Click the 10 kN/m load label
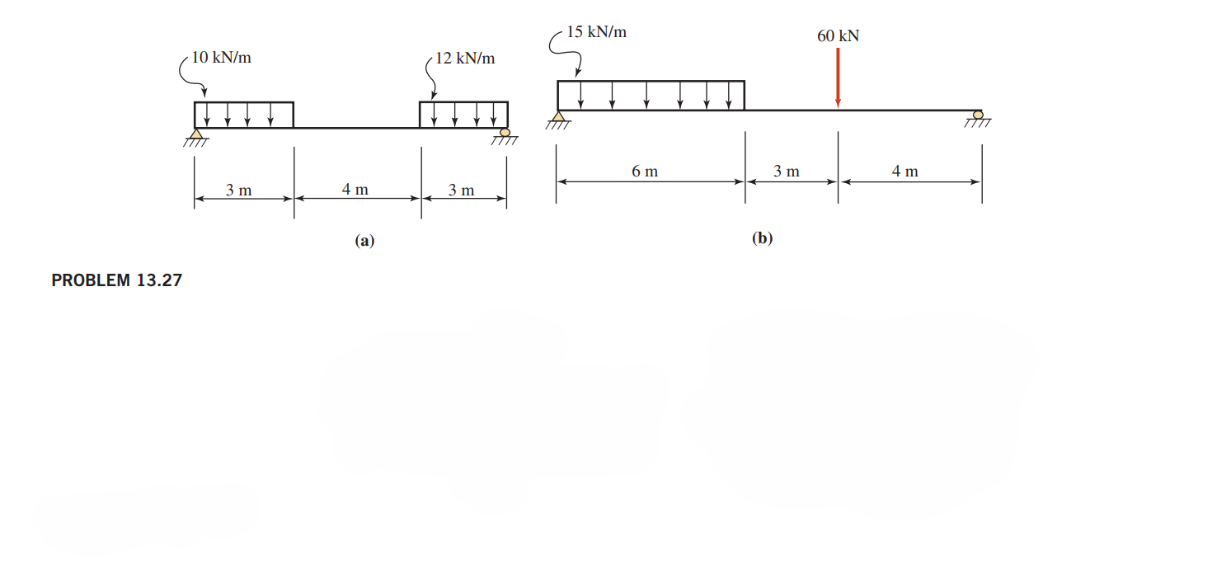[x=221, y=58]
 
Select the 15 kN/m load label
[x=596, y=33]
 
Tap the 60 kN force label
[x=838, y=36]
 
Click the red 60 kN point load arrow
[x=838, y=78]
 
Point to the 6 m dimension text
[x=645, y=172]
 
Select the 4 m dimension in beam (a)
[x=355, y=190]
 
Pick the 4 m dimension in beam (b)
[x=904, y=172]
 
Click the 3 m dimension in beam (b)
[x=787, y=172]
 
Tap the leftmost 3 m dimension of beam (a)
[x=239, y=190]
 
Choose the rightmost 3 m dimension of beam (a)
[x=462, y=190]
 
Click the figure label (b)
[x=763, y=239]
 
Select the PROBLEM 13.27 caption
[x=116, y=280]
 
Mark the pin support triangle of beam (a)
[x=196, y=134]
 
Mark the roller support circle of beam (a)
[x=505, y=132]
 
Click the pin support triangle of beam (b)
[x=558, y=116]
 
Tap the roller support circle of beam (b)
[x=978, y=115]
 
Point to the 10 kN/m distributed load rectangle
[x=244, y=115]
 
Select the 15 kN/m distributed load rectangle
[x=651, y=95]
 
